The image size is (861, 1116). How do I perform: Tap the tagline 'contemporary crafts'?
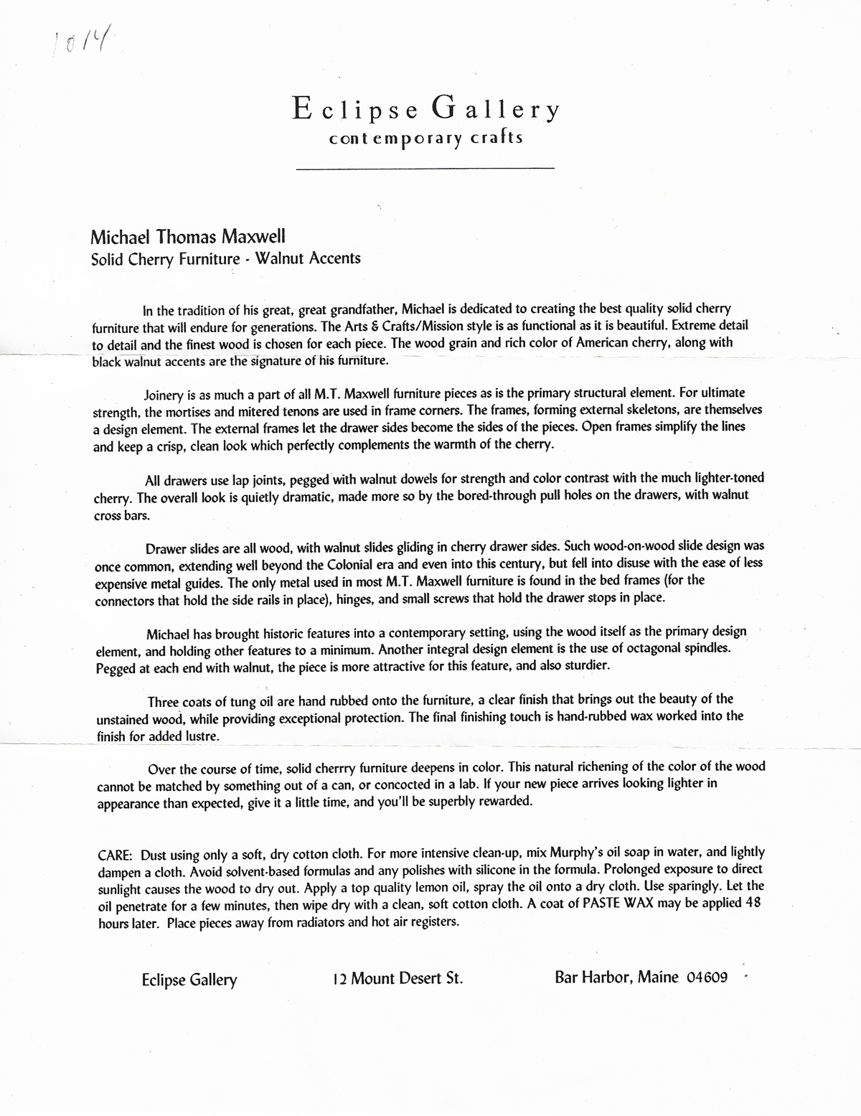(x=425, y=138)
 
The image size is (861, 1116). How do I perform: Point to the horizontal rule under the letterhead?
(x=425, y=169)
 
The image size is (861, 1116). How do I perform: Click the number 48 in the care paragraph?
(x=752, y=903)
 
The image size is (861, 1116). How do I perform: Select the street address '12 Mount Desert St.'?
(x=397, y=978)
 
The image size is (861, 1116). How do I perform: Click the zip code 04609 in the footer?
(x=707, y=977)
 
